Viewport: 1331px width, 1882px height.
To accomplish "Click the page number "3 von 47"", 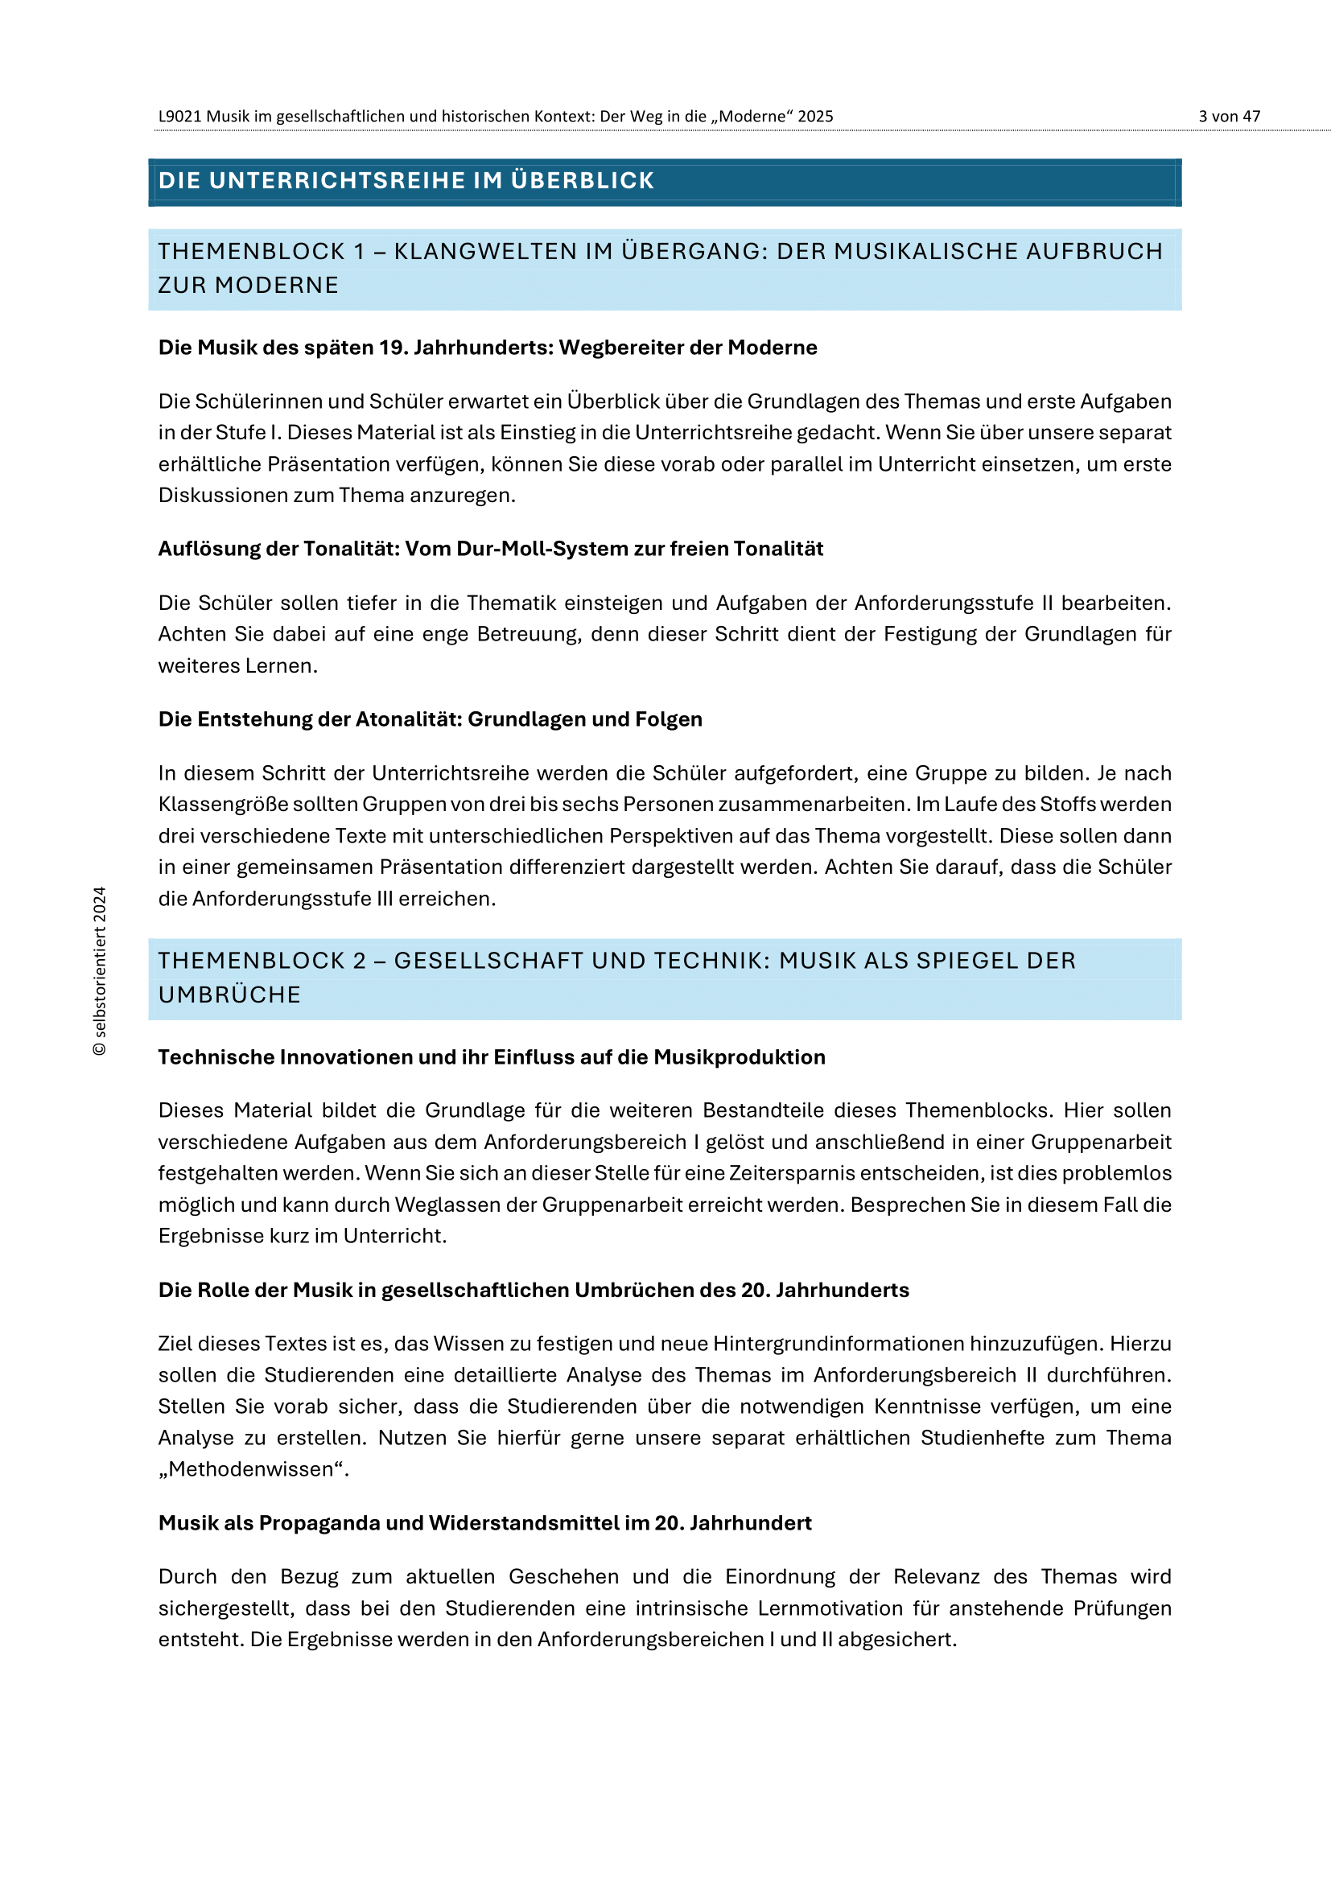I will pos(1229,117).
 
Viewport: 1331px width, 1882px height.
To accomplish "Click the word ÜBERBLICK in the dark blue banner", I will pos(582,180).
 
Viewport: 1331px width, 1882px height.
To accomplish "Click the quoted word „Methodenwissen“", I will pos(253,1470).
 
